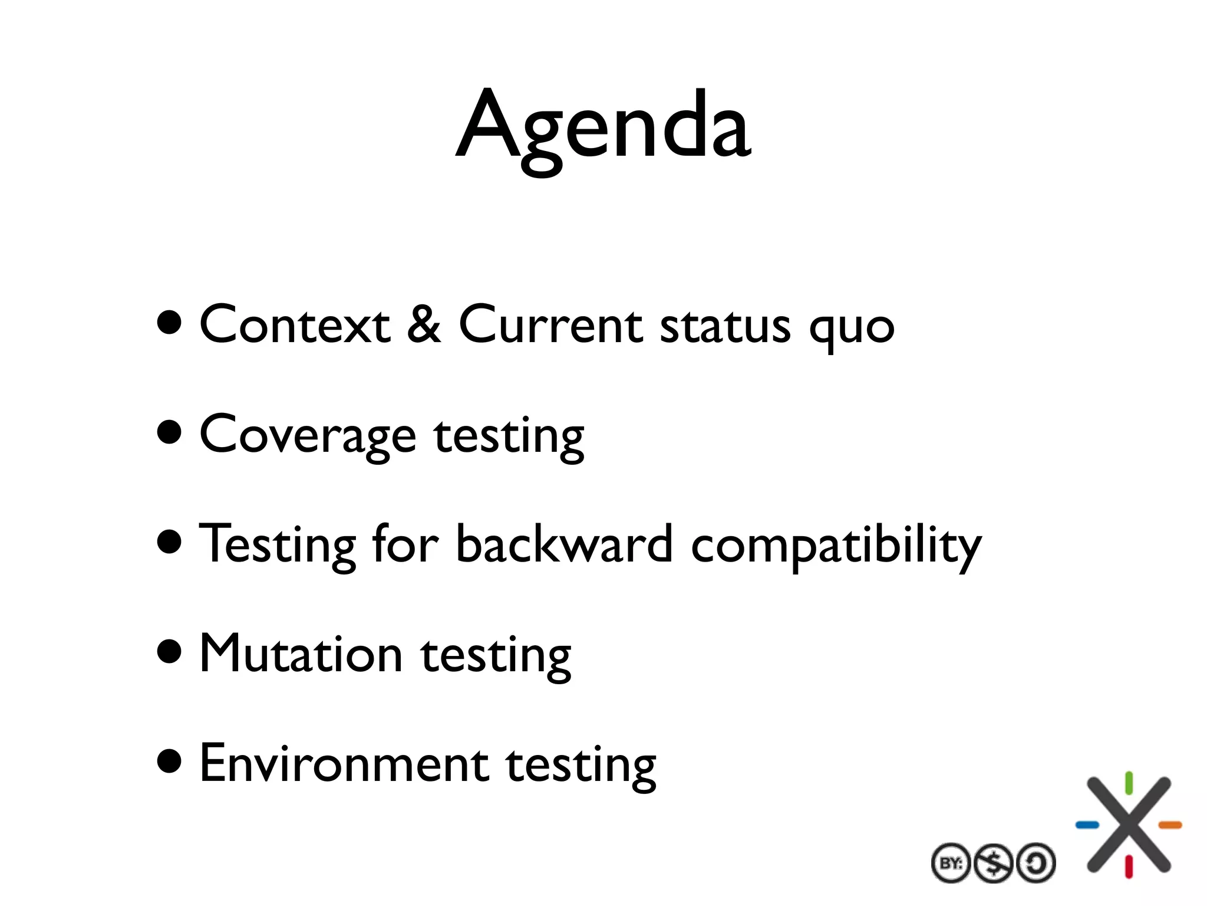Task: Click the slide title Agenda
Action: pos(603,127)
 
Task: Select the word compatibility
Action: pos(836,546)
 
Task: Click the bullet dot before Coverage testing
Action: pos(170,432)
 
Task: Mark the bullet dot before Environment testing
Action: pos(170,761)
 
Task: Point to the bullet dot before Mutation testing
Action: pos(170,652)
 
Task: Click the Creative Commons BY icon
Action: pos(951,864)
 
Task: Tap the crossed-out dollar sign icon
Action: pos(993,864)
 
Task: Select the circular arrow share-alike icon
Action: pos(1036,864)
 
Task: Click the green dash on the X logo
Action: pos(1129,783)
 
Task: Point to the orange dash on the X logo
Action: pos(1170,825)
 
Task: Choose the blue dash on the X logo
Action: pos(1087,825)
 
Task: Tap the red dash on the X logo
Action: pos(1129,866)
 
